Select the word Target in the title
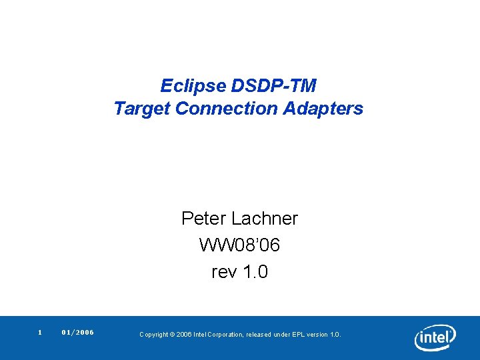[x=142, y=108]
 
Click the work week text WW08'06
[x=239, y=245]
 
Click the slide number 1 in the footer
[x=40, y=332]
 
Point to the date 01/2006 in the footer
[x=77, y=332]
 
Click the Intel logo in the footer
[x=435, y=337]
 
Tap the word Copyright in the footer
[x=153, y=335]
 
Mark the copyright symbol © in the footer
[x=172, y=335]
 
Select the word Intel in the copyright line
[x=199, y=335]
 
